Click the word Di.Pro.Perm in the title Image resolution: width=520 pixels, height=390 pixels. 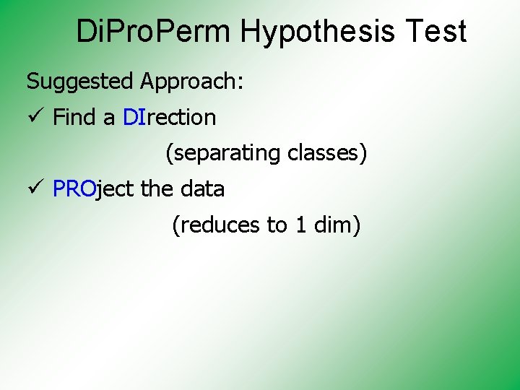coord(155,32)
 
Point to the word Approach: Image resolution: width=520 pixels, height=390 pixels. coord(192,82)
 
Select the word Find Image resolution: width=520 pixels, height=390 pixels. coord(75,117)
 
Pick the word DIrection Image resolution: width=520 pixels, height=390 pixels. coord(169,117)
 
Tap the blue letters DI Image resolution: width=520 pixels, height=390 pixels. coord(134,117)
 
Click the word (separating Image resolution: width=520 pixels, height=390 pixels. coord(223,153)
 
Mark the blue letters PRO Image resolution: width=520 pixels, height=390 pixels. coord(74,189)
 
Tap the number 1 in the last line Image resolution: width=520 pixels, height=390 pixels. coord(300,225)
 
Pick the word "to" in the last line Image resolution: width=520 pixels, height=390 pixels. coord(277,225)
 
